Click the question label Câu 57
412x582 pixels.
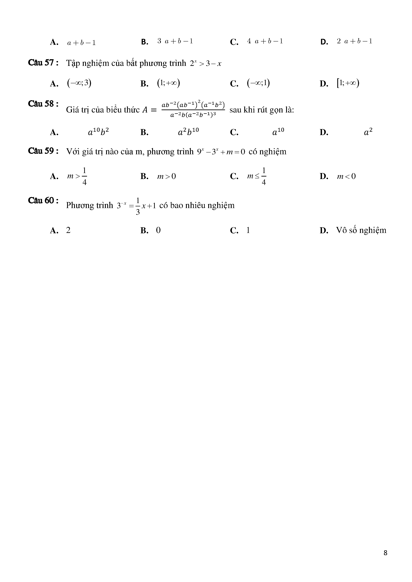(43, 63)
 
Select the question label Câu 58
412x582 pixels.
(43, 104)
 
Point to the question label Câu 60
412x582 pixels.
(43, 201)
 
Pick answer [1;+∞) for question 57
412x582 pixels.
(348, 83)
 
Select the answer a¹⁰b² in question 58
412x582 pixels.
(98, 132)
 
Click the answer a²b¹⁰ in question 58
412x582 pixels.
(188, 132)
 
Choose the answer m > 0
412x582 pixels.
(166, 176)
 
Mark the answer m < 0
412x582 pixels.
(346, 176)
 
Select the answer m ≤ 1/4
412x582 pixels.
(257, 176)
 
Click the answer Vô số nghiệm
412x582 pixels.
(361, 230)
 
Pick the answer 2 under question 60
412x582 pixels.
(68, 230)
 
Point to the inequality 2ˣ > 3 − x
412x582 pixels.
(205, 63)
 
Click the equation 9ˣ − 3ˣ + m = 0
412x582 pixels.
(221, 152)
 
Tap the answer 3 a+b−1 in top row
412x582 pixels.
(175, 41)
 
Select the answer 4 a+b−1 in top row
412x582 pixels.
(265, 41)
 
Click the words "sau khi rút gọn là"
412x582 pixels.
(262, 110)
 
